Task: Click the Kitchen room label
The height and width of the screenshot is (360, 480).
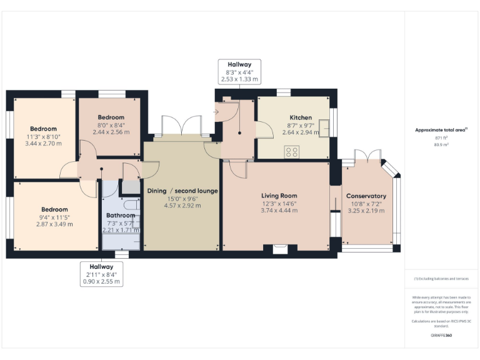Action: coord(300,117)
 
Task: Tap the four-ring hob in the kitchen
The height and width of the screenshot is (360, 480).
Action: coord(292,150)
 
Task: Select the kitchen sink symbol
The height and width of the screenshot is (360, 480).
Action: coord(324,127)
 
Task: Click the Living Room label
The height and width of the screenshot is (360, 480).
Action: coord(279,196)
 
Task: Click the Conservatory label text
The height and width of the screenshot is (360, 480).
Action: coord(366,196)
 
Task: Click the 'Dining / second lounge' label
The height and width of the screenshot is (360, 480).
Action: coord(182,191)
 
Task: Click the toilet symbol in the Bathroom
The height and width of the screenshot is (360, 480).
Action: coord(131,205)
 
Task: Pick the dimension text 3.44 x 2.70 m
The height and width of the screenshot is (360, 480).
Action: coord(44,143)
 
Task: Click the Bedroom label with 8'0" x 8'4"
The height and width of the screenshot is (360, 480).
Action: coord(111,117)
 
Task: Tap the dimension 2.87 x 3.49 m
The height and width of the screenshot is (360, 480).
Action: coord(54,224)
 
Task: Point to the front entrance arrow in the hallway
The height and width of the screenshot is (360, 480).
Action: coord(216,112)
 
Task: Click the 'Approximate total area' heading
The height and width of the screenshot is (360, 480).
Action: coord(441,130)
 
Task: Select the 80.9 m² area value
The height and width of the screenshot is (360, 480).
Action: coord(442,144)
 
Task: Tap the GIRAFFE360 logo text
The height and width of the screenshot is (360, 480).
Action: coord(441,336)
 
